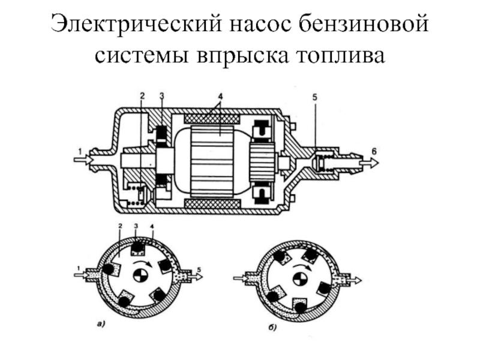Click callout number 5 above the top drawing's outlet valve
click(x=316, y=96)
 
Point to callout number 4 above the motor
click(x=220, y=96)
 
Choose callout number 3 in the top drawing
click(x=162, y=96)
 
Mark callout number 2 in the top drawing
click(x=142, y=96)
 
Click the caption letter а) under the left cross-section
click(x=101, y=325)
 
